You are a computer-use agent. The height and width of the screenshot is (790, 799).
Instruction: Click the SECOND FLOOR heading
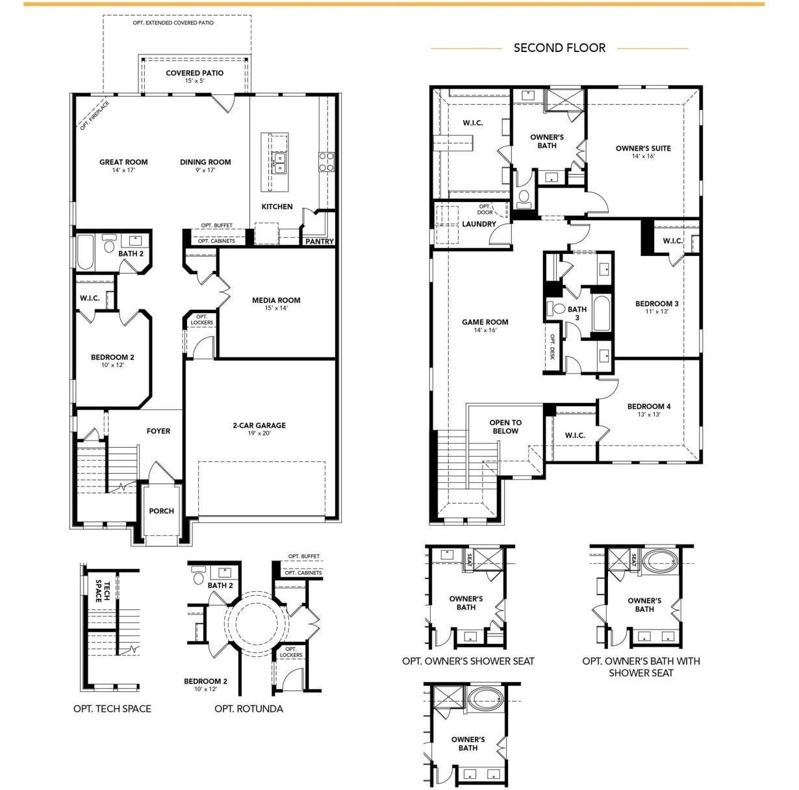[559, 47]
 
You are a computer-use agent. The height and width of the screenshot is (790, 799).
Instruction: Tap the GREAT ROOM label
[123, 162]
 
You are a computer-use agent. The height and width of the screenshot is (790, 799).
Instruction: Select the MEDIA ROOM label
[276, 300]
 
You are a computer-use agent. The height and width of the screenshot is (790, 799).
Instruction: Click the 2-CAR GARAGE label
[259, 426]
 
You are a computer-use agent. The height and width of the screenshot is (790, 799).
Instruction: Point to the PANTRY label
[320, 242]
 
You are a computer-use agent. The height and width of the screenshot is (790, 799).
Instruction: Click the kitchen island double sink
[281, 162]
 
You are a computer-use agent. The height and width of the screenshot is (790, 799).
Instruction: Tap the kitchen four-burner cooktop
[326, 161]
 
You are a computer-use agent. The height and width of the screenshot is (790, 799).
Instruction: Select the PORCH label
[161, 511]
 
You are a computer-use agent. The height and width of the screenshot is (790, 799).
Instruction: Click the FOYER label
[158, 431]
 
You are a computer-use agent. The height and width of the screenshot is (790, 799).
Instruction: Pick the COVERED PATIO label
[194, 73]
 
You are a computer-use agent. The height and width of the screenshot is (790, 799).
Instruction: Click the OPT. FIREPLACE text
[95, 116]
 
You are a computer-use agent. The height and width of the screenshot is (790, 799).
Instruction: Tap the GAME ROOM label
[485, 322]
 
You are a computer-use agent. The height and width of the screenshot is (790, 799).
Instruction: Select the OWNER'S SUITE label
[643, 148]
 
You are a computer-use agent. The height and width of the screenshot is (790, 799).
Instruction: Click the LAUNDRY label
[479, 224]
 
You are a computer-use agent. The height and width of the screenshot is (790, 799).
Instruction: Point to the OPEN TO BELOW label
[505, 427]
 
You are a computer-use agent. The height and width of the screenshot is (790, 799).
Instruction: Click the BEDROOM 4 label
[648, 407]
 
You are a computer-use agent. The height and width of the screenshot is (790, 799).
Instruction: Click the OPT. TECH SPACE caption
[112, 708]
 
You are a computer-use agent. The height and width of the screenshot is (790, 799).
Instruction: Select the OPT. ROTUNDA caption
[249, 708]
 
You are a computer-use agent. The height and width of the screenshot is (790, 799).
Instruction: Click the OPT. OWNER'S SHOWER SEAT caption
[468, 661]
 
